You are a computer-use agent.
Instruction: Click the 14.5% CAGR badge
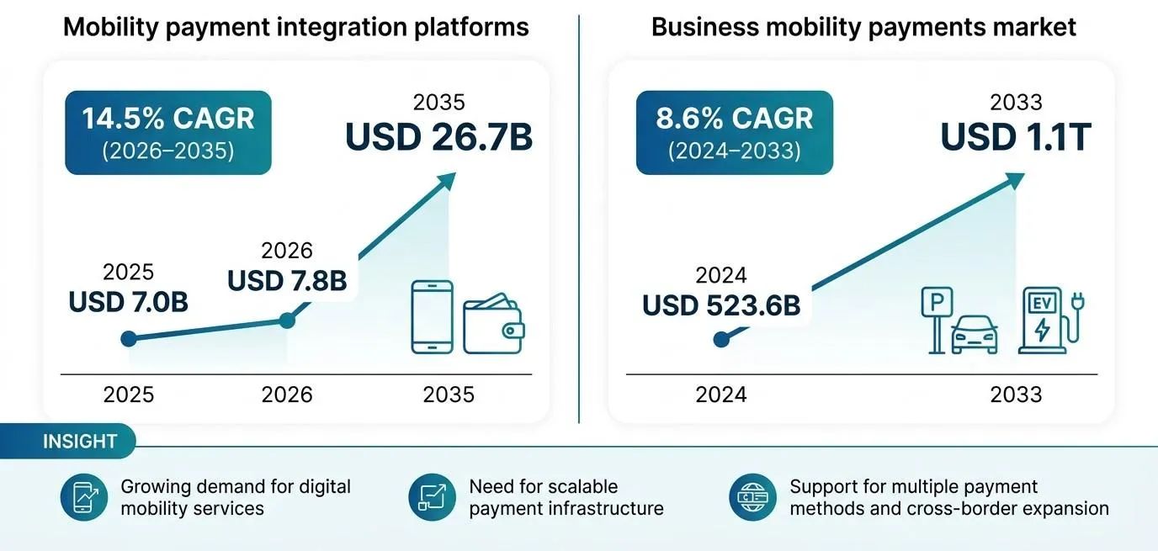point(168,133)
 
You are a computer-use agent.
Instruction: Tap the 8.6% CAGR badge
point(734,133)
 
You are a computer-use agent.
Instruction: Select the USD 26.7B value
point(439,137)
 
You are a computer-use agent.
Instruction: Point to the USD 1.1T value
point(1016,137)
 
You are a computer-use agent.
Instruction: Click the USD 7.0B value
point(128,302)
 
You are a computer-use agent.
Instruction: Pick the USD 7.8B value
point(287,281)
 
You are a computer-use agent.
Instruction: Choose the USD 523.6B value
point(721,305)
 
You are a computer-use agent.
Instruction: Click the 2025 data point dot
point(129,339)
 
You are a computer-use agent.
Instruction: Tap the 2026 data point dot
point(287,321)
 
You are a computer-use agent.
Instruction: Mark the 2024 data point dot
point(721,340)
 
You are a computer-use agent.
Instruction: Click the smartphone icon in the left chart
point(433,317)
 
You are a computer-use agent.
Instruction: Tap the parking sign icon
point(937,321)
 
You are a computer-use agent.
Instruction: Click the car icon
point(975,335)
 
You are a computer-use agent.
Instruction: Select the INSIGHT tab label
point(80,442)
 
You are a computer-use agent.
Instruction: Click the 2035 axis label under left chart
point(449,395)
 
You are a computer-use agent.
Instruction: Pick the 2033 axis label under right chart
point(1016,395)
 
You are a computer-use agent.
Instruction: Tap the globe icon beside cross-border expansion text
point(752,497)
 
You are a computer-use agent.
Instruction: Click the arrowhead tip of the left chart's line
point(456,172)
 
